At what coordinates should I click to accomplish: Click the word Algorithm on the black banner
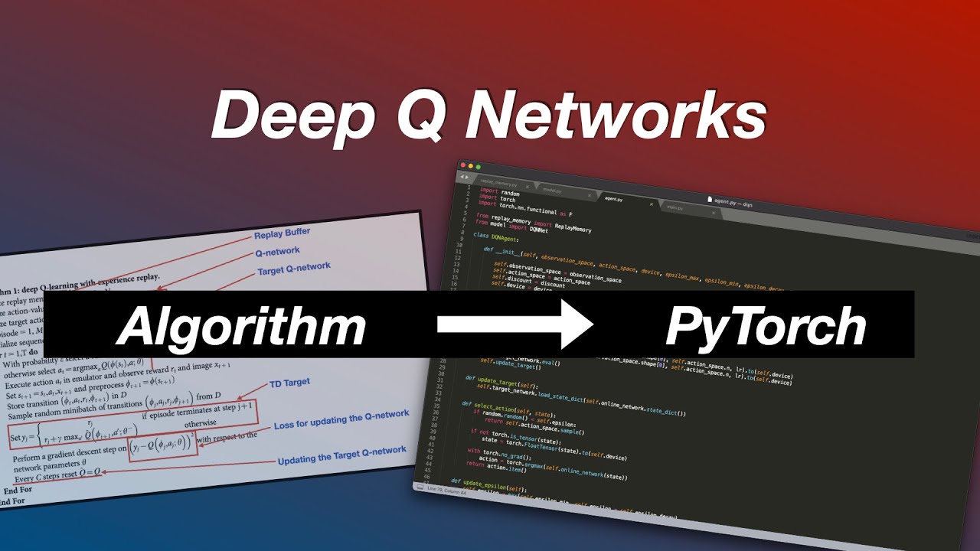coord(241,326)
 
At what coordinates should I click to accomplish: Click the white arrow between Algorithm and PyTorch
coord(515,324)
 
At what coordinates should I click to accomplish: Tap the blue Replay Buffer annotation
coord(283,233)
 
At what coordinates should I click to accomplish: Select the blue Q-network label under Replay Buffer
coord(277,251)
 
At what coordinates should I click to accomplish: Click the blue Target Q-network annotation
coord(294,269)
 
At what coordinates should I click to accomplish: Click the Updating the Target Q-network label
coord(341,455)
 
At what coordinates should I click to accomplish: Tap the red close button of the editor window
coord(462,164)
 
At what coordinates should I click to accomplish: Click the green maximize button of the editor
coord(478,166)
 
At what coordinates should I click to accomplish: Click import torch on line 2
coord(498,199)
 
